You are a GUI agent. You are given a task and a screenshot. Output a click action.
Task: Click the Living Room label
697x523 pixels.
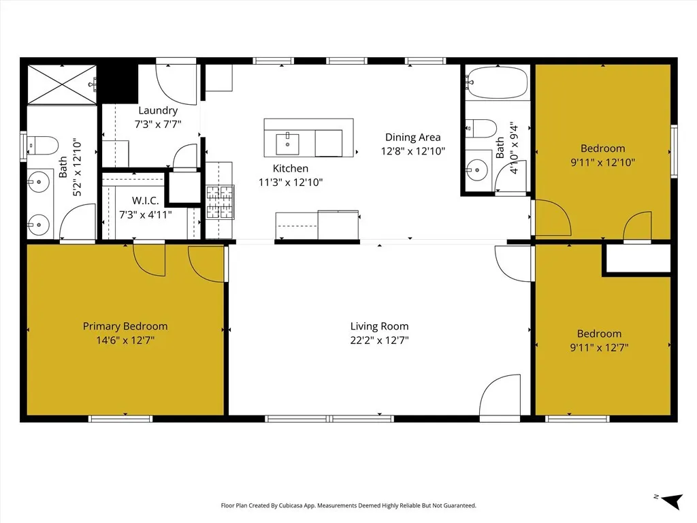coord(379,326)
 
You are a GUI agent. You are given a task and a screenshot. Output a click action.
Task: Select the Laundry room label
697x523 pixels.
coord(158,110)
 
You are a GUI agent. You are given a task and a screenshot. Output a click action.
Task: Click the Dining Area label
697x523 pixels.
coord(412,137)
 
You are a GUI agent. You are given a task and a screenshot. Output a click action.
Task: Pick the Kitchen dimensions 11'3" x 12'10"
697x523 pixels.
coord(291,183)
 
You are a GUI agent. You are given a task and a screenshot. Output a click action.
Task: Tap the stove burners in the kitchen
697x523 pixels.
coord(220,202)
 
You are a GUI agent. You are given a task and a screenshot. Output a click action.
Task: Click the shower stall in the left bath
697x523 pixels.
coord(62,84)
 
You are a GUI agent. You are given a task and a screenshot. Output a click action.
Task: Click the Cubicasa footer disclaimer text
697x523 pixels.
coord(348,505)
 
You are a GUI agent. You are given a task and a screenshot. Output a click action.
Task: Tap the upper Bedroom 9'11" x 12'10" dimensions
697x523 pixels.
coord(602,163)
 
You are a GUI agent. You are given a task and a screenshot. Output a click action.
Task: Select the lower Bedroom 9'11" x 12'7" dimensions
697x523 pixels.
coord(599,347)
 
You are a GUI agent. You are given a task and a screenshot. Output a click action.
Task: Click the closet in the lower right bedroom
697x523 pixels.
coord(637,259)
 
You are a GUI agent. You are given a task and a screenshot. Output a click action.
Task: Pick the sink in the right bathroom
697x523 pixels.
coord(479,167)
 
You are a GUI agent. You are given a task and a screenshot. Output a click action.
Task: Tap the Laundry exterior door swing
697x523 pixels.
coord(177,84)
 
